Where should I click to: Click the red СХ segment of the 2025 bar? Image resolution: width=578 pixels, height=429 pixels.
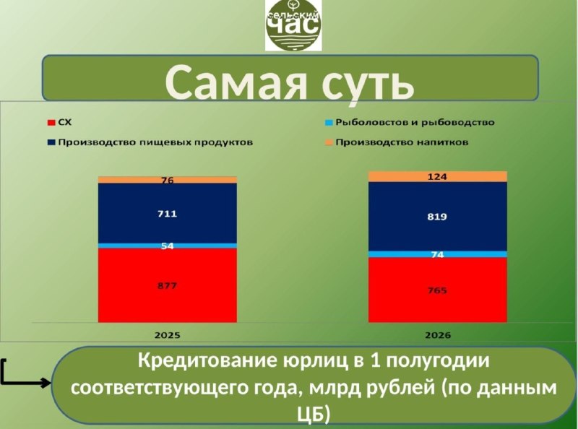168,285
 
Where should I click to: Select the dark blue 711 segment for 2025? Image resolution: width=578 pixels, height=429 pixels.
168,213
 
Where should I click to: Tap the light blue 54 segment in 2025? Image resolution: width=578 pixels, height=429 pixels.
168,246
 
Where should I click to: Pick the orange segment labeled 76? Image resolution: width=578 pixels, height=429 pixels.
168,180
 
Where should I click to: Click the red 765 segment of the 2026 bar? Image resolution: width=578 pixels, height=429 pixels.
438,290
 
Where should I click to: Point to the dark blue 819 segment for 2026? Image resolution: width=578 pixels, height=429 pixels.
438,217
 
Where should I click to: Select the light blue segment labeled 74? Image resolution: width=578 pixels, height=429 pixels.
438,254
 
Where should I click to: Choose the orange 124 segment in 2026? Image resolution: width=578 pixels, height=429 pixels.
438,176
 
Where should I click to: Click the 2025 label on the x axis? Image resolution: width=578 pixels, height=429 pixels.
168,335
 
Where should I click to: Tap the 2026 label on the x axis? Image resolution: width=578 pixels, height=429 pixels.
438,335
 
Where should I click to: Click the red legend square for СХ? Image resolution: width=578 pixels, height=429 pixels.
51,122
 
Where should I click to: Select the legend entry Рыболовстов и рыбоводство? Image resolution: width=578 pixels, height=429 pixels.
410,122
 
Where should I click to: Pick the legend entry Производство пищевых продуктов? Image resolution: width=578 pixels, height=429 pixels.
150,142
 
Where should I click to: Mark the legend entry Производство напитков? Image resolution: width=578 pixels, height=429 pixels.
397,142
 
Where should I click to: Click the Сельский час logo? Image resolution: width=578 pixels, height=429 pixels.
293,25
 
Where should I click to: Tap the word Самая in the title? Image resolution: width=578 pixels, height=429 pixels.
236,82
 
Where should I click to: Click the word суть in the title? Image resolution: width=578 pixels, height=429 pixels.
368,84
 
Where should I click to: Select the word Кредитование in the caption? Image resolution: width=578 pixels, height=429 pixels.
207,360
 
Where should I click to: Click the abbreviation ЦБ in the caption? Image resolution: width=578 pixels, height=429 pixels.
314,415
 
